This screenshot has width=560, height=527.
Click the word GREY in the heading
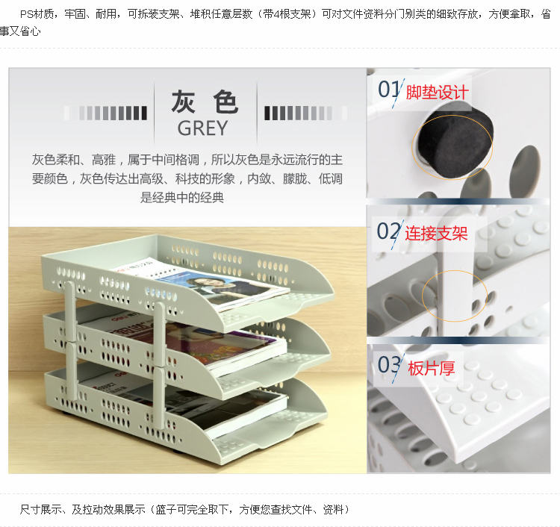[x=202, y=128]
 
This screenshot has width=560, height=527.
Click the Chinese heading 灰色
[x=205, y=102]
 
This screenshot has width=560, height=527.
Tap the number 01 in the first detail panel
[x=388, y=89]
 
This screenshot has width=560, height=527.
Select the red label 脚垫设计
[x=437, y=93]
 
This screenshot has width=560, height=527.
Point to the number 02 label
[x=388, y=231]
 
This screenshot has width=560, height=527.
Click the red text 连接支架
[x=437, y=234]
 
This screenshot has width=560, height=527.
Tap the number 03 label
[x=389, y=365]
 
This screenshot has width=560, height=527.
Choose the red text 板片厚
[x=432, y=368]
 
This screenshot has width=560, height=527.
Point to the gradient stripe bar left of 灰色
[x=105, y=113]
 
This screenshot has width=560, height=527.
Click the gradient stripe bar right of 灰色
[x=305, y=113]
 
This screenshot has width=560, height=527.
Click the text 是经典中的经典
[x=181, y=198]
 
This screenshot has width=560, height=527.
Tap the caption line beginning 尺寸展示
[x=184, y=510]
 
